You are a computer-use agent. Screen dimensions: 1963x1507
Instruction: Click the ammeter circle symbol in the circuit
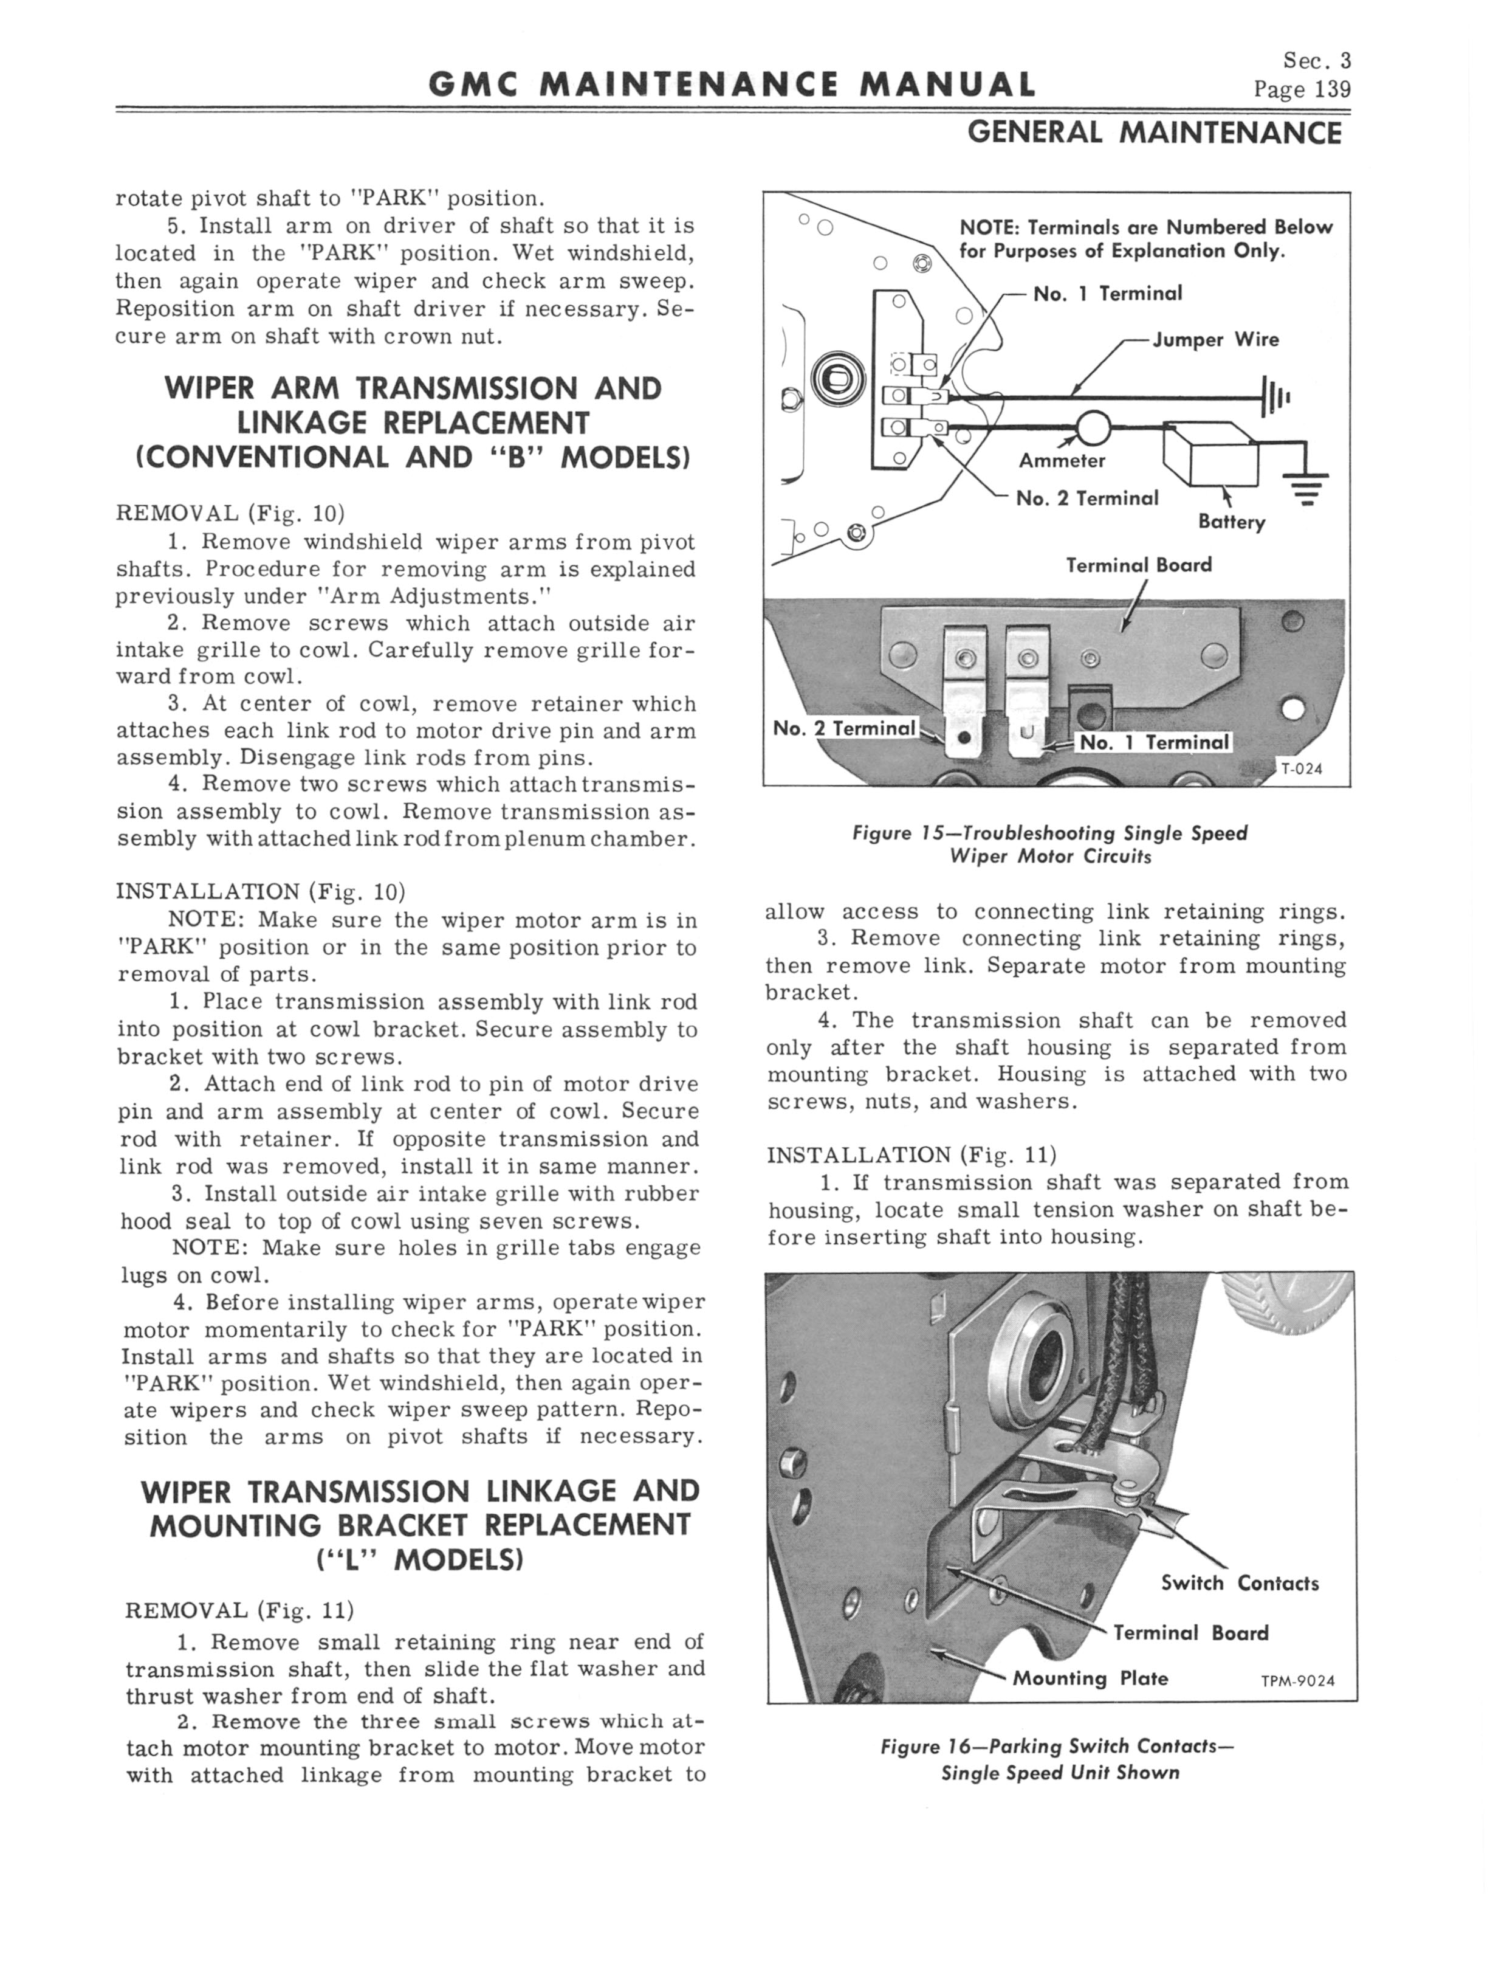[x=1093, y=427]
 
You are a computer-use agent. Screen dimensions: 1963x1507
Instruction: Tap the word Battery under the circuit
[x=1232, y=522]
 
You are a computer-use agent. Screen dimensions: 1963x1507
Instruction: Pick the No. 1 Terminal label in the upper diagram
[x=1108, y=294]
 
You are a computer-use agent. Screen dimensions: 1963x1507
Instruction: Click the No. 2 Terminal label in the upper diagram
[x=1087, y=498]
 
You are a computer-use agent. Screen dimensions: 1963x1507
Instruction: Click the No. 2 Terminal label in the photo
[x=844, y=728]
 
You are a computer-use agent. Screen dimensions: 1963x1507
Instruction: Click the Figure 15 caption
[x=1049, y=844]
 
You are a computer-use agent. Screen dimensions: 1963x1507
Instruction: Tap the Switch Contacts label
[x=1240, y=1584]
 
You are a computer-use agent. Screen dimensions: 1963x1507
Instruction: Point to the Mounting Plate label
[x=1090, y=1678]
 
